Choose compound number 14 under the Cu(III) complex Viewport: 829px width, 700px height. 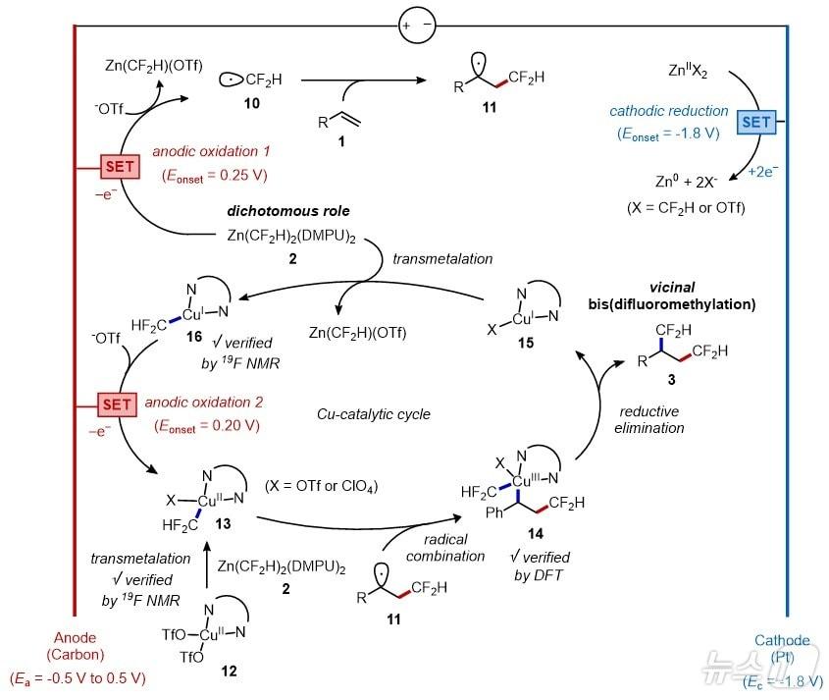tap(536, 534)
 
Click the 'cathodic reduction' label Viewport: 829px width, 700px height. tap(668, 112)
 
